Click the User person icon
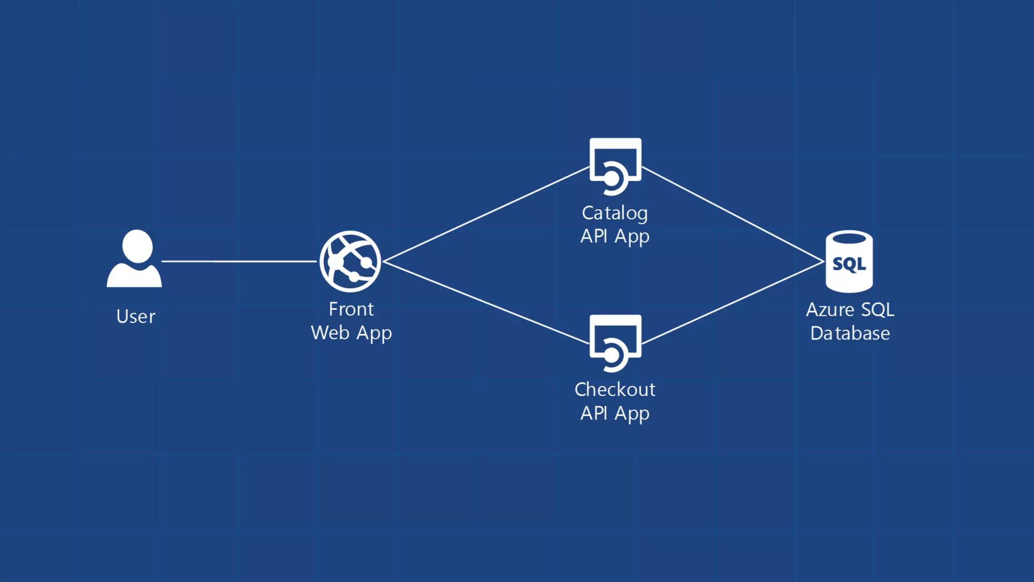134,260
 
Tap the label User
136,317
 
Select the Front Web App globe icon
350,261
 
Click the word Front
351,309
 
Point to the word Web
330,333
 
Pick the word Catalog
614,213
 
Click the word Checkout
615,390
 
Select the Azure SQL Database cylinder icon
849,261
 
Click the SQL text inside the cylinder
849,264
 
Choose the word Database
850,333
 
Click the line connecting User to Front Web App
239,261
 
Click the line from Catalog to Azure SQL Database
732,214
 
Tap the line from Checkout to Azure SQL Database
732,303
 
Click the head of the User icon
137,246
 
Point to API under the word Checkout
594,413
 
